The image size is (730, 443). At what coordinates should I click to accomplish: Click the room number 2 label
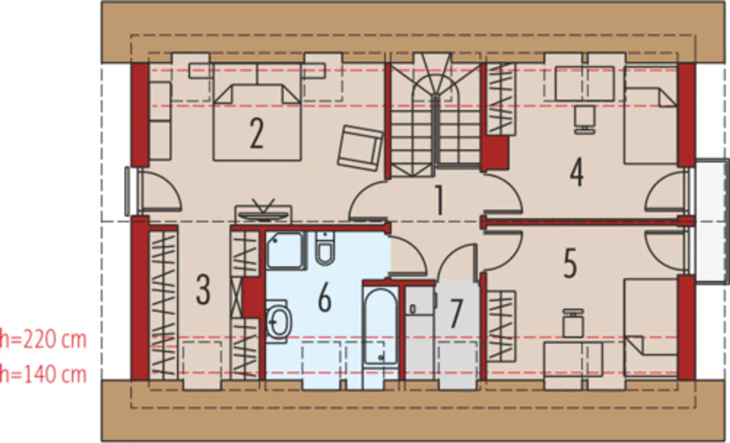point(257,134)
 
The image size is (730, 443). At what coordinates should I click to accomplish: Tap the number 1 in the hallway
point(439,200)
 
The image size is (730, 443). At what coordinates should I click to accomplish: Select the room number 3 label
point(203,289)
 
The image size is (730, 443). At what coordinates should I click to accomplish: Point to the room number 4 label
point(577,172)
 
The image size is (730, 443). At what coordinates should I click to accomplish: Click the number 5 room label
point(570,264)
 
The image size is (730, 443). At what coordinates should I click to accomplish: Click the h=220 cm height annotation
point(43,340)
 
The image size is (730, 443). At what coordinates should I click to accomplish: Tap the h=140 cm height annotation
point(43,374)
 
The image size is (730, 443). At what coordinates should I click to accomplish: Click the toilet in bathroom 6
point(325,248)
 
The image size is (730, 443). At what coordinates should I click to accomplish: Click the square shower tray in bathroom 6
point(286,251)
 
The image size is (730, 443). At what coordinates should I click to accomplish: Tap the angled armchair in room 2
point(360,148)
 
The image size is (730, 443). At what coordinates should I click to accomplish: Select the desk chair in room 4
point(585,120)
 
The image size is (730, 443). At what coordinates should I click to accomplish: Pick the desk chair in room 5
point(574,323)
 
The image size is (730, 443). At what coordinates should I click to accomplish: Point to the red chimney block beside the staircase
point(496,152)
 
